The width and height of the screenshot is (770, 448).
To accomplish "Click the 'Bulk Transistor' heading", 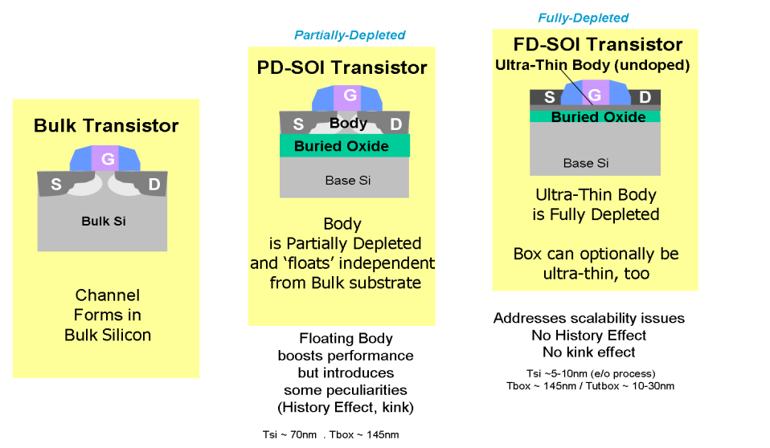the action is pyautogui.click(x=106, y=125).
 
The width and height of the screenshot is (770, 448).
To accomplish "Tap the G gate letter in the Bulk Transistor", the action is pyautogui.click(x=108, y=158).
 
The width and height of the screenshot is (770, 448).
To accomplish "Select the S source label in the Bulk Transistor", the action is pyautogui.click(x=56, y=184).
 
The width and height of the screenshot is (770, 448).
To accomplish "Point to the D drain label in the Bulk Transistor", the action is pyautogui.click(x=154, y=184).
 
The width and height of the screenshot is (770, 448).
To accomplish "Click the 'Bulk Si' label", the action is pyautogui.click(x=104, y=222).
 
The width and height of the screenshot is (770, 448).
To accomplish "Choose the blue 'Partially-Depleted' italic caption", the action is pyautogui.click(x=350, y=35).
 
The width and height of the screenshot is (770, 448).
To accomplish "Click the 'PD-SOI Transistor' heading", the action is pyautogui.click(x=342, y=67).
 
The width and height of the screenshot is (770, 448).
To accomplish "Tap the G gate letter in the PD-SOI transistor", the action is pyautogui.click(x=350, y=95).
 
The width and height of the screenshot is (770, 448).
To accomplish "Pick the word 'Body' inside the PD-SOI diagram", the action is pyautogui.click(x=348, y=123).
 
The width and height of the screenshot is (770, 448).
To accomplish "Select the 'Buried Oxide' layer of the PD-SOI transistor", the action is pyautogui.click(x=345, y=146).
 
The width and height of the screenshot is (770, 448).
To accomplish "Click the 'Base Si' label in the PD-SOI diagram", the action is pyautogui.click(x=348, y=181).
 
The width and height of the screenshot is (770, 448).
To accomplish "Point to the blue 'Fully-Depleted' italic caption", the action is pyautogui.click(x=584, y=18).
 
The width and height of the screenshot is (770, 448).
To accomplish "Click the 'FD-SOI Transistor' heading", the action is pyautogui.click(x=598, y=45).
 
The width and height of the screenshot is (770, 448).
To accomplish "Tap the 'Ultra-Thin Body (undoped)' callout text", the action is pyautogui.click(x=592, y=65).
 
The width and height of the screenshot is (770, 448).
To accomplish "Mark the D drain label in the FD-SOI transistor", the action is pyautogui.click(x=645, y=97).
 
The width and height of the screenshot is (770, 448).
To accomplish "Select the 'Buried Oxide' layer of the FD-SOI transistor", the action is pyautogui.click(x=595, y=116).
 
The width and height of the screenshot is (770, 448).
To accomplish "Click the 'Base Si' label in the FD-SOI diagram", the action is pyautogui.click(x=586, y=163).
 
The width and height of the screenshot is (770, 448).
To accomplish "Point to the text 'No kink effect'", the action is pyautogui.click(x=589, y=352).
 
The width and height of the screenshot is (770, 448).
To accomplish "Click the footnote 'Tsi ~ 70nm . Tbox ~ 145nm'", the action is pyautogui.click(x=330, y=434).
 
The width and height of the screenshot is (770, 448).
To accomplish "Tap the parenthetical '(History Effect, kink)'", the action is pyautogui.click(x=346, y=408).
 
